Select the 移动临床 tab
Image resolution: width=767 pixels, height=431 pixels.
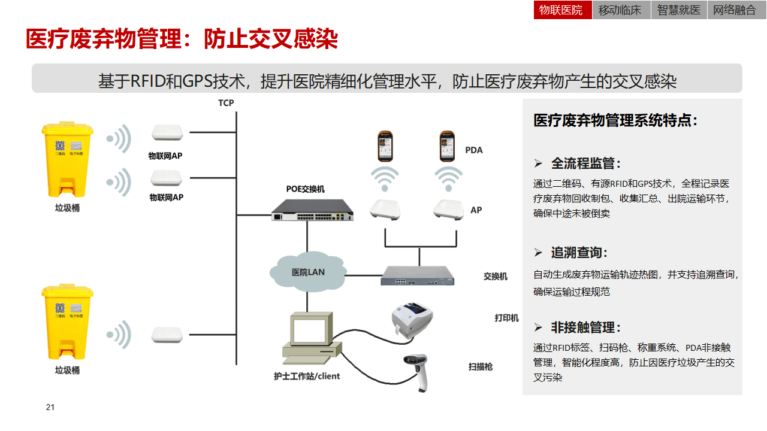(620, 10)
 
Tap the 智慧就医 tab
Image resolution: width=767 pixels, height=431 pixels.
(678, 10)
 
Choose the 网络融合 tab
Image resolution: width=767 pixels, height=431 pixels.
(735, 10)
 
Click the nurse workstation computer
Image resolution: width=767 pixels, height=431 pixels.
(310, 338)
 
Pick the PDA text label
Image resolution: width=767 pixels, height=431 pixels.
(473, 150)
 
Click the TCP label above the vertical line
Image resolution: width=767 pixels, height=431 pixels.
(226, 103)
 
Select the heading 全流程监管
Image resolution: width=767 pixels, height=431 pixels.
(585, 163)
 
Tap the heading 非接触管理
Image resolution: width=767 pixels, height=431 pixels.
(585, 327)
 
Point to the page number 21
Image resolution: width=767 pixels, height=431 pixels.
(50, 408)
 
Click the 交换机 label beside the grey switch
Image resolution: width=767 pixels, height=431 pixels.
(496, 277)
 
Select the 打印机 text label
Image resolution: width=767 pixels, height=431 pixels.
(506, 318)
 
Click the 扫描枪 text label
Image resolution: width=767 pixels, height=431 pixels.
(480, 366)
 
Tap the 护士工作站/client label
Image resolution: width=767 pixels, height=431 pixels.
(306, 376)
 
